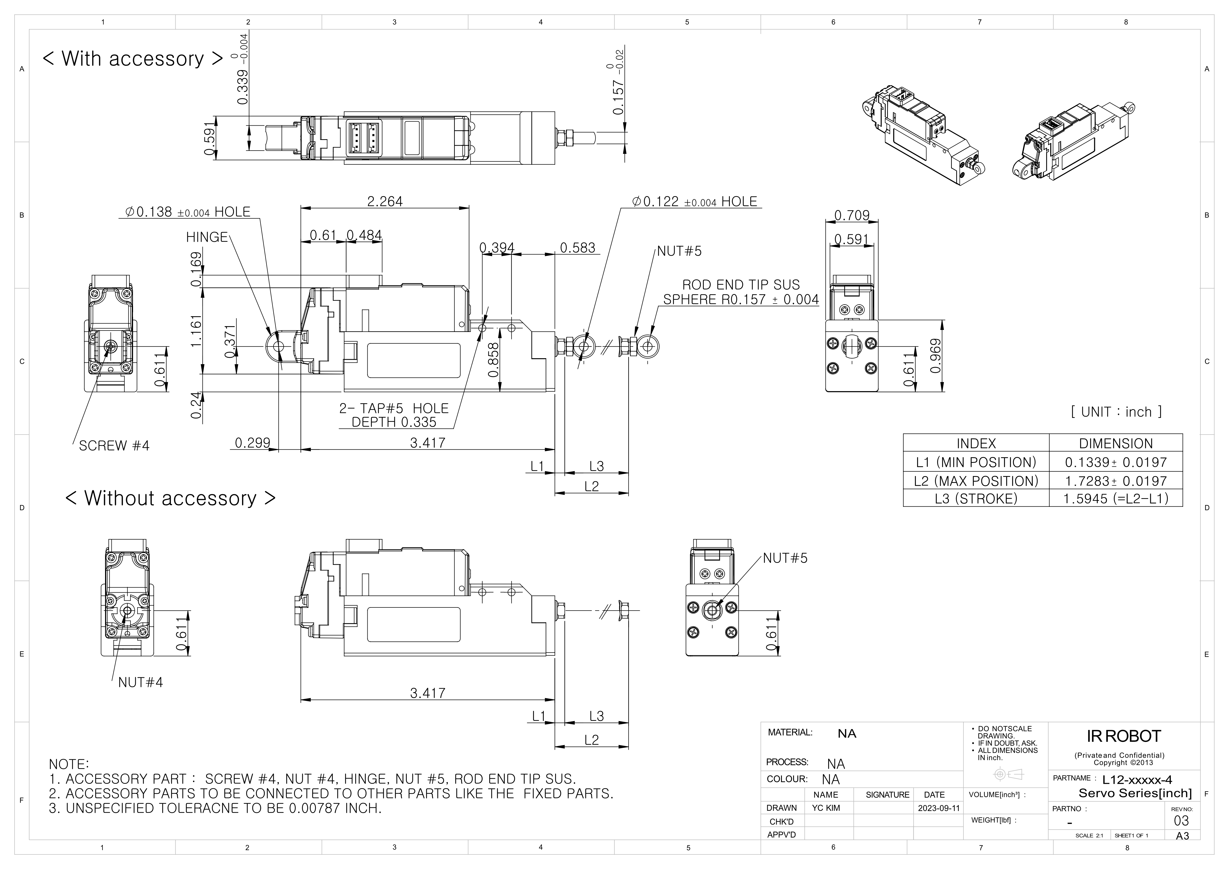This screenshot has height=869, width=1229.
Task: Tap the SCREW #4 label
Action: (x=114, y=446)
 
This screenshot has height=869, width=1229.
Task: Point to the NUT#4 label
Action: (x=140, y=682)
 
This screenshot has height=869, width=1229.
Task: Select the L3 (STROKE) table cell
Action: (x=976, y=499)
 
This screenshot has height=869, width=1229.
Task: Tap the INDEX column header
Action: (x=976, y=444)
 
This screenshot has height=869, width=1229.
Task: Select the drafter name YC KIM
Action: (x=826, y=808)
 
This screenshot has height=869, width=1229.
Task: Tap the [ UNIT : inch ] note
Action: (x=1116, y=412)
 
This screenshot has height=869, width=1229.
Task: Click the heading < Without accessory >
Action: (x=170, y=498)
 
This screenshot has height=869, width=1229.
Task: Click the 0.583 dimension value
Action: (x=577, y=248)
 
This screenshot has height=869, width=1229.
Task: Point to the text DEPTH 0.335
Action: (x=394, y=422)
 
